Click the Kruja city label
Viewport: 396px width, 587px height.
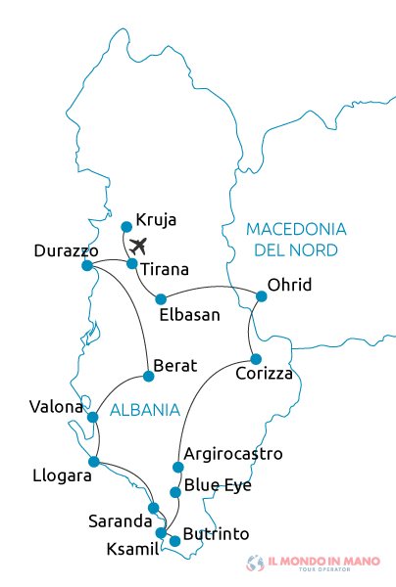pos(156,219)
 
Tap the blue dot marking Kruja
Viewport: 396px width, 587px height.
pos(125,227)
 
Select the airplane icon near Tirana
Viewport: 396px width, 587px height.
pos(138,245)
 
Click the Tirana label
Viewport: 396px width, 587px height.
pos(165,269)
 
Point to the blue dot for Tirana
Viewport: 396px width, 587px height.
pos(132,263)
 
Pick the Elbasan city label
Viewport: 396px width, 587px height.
pos(189,315)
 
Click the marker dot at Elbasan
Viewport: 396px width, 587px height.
pos(162,299)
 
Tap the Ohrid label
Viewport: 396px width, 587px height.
pos(290,285)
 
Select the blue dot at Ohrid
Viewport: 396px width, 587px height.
pos(261,295)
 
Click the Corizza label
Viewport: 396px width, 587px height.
pos(265,373)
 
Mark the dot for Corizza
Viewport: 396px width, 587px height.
pos(256,359)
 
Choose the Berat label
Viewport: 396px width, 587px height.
pos(176,366)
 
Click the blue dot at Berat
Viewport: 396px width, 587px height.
pos(149,376)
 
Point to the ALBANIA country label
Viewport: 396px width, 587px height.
pos(144,409)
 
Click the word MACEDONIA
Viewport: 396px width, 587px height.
pos(296,229)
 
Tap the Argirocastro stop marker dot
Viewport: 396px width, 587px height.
pos(177,467)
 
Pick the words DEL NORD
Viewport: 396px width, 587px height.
pos(296,250)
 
